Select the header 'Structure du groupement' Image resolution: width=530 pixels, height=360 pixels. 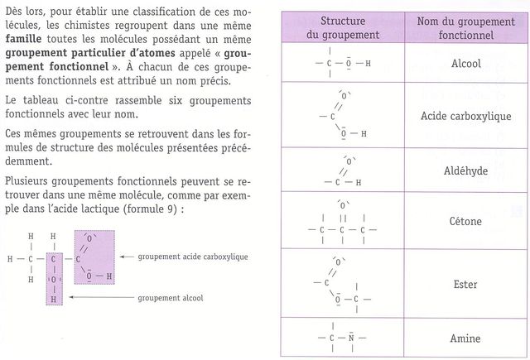341,27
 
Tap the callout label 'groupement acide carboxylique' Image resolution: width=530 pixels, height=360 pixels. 193,257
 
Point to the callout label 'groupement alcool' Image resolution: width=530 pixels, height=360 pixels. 171,297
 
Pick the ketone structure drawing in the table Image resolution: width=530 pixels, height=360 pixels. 341,222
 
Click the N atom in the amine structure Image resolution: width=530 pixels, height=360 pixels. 351,338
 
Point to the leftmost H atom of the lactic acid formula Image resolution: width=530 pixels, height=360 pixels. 10,257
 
